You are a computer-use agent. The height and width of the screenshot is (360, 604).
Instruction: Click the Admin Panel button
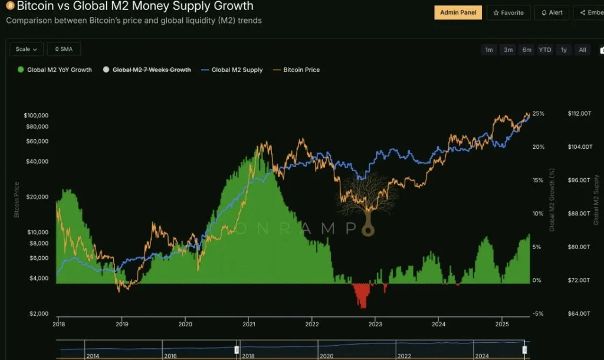coord(458,12)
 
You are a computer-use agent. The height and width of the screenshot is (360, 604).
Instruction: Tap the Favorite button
coord(508,12)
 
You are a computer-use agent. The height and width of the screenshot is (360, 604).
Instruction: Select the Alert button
coord(552,12)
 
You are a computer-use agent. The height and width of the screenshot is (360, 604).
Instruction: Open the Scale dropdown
coord(27,49)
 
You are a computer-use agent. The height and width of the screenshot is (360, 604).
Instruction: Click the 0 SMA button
coord(64,49)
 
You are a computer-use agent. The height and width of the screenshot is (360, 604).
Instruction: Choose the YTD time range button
coord(545,50)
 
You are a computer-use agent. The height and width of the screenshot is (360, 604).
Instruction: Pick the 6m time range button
coord(527,50)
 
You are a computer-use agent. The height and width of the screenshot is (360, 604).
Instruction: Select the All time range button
coord(582,50)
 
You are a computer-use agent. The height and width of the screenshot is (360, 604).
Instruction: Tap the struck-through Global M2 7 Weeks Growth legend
coord(151,70)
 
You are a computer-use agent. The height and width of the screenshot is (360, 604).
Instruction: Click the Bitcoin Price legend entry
coord(301,70)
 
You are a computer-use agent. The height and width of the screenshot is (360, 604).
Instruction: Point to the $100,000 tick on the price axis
coord(36,115)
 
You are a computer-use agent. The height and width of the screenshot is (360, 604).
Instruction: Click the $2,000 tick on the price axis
coord(39,313)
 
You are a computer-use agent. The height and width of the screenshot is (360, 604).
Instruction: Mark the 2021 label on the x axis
coord(249,324)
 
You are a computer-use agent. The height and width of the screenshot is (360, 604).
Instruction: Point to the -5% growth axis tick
coord(537,313)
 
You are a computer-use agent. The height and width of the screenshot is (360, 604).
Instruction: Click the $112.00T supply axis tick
coord(579,113)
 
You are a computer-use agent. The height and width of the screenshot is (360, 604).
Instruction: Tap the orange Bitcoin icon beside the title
coord(9,6)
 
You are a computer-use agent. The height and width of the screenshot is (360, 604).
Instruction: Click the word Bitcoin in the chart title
coord(37,6)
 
